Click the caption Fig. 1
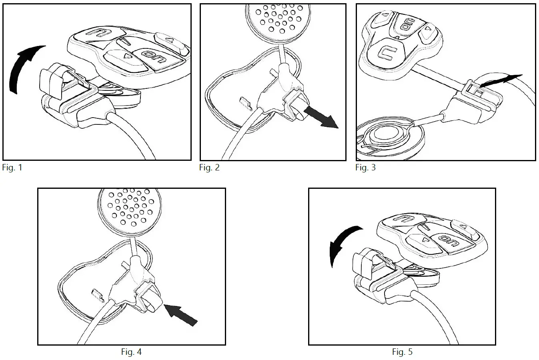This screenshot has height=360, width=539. click(12, 168)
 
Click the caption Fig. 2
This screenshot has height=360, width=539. click(209, 168)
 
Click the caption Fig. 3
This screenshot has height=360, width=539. click(365, 168)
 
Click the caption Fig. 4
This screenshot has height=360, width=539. click(131, 352)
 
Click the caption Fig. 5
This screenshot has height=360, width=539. click(402, 352)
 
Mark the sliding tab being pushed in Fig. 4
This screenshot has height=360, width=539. click(152, 304)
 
